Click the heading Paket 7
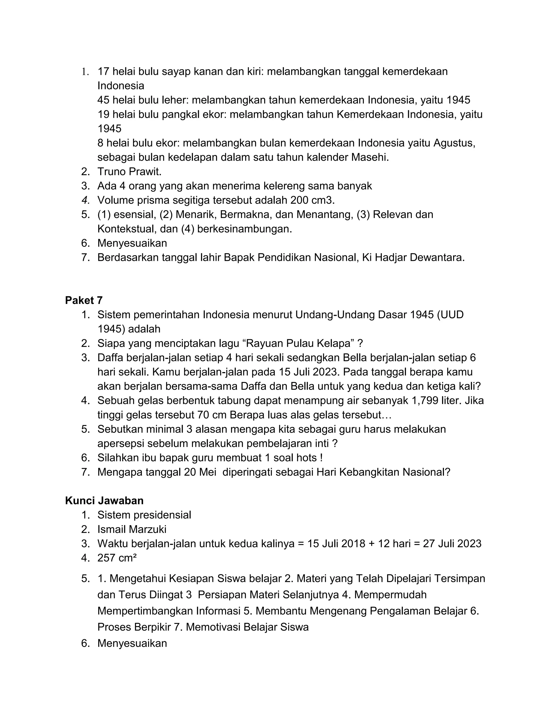[x=84, y=300]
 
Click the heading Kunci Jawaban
[x=104, y=501]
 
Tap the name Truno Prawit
[x=129, y=172]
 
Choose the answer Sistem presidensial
[x=144, y=515]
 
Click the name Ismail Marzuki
[x=132, y=529]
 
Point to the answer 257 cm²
[x=117, y=558]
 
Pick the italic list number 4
[x=85, y=200]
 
